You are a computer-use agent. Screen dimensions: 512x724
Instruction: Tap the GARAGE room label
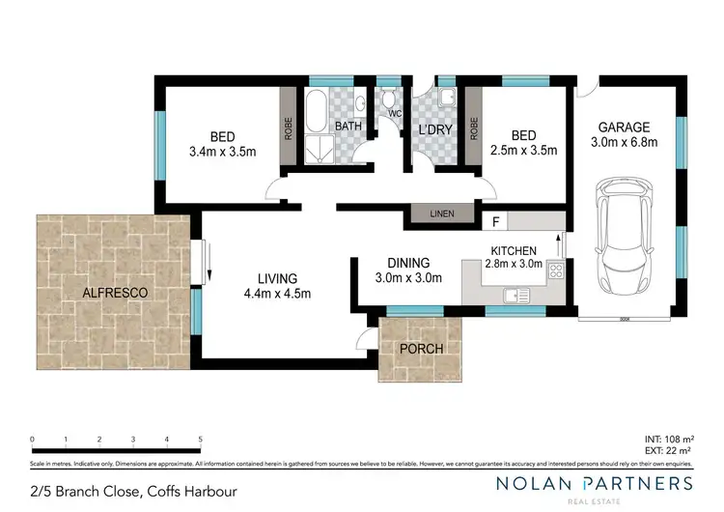(623, 127)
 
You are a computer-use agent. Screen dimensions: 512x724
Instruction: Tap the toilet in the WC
(389, 100)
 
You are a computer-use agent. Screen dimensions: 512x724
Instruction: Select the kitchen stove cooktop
(554, 271)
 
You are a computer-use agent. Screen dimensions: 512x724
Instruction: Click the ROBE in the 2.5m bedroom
(473, 128)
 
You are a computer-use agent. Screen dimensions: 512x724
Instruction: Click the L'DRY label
(434, 129)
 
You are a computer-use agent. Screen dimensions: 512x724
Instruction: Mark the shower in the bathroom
(316, 148)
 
